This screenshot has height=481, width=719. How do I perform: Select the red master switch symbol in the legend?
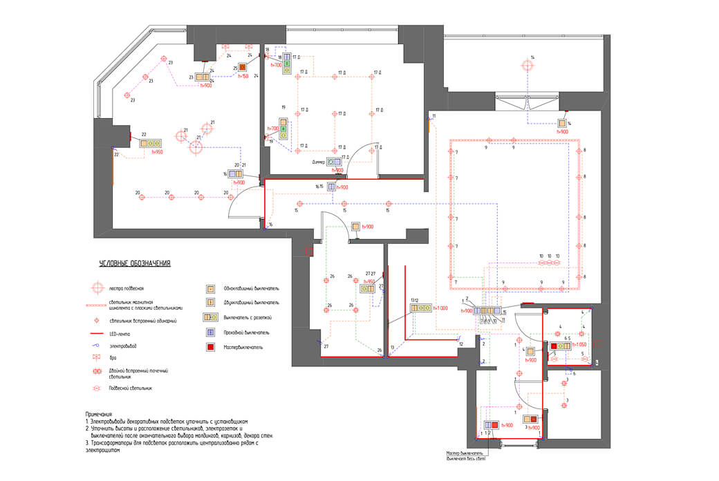(x=209, y=347)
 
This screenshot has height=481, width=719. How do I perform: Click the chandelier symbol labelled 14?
(x=527, y=66)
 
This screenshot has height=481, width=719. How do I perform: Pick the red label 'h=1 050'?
(x=579, y=343)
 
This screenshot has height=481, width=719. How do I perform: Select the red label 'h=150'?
(x=243, y=76)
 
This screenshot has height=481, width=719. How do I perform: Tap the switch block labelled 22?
(x=149, y=144)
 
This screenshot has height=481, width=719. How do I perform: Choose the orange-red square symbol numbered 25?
(x=243, y=68)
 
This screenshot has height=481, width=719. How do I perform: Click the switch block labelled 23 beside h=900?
(x=202, y=77)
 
